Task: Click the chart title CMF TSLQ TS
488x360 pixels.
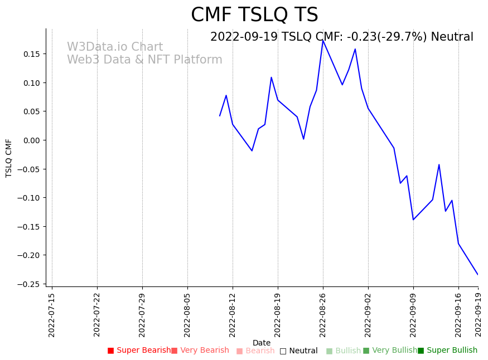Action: point(254,15)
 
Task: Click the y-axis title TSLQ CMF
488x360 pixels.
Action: point(9,158)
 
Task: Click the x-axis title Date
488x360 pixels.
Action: point(262,343)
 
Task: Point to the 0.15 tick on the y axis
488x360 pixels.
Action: point(32,54)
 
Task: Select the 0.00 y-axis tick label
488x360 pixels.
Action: point(32,140)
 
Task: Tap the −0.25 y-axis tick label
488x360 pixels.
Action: point(30,284)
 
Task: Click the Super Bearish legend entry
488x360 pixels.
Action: point(139,351)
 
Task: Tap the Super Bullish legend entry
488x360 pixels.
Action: point(447,351)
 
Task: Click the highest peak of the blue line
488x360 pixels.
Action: point(323,40)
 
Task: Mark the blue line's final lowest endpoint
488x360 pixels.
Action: point(478,274)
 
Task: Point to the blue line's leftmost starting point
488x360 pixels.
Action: point(220,116)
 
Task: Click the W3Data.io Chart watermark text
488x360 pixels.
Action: point(115,47)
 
